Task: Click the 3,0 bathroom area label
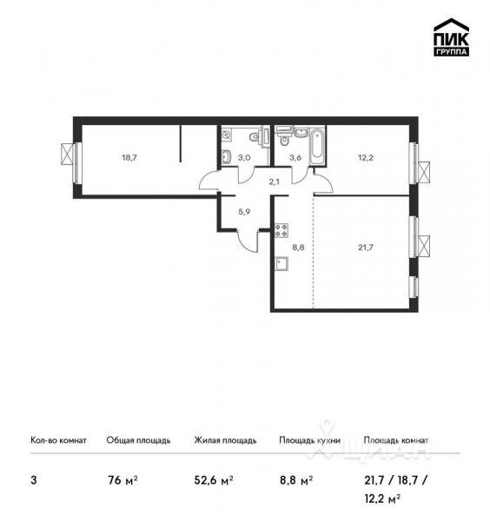tap(246, 158)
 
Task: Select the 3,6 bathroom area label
tap(295, 158)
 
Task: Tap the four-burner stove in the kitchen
tap(281, 231)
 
